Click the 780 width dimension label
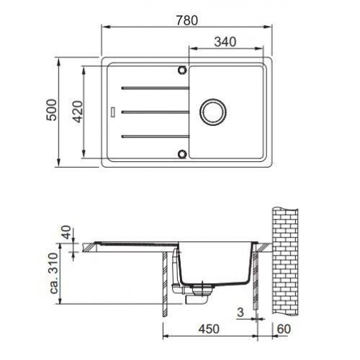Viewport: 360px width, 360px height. [187, 20]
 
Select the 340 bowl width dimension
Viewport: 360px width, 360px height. [225, 42]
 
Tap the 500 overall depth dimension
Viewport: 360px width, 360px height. [52, 109]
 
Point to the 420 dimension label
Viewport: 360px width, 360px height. [78, 112]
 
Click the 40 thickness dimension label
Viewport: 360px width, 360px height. [66, 232]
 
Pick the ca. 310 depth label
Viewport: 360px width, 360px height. [53, 274]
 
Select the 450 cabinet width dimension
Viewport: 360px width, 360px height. [209, 329]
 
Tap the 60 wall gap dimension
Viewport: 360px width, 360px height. [284, 329]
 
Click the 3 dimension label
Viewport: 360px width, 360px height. [240, 312]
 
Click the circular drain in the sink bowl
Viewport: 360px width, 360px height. [213, 112]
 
